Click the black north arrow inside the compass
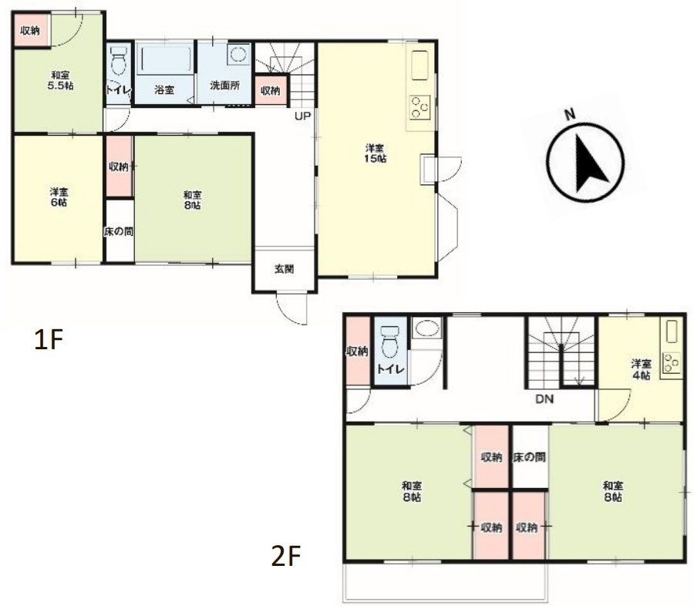(x=590, y=163)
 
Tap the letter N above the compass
(x=570, y=114)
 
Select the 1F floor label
(x=49, y=339)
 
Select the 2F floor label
(x=286, y=556)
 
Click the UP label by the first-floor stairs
(x=303, y=116)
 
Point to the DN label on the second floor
(x=544, y=399)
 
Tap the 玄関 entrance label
(x=284, y=269)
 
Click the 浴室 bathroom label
(x=163, y=90)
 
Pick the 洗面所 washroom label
(x=225, y=85)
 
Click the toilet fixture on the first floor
(x=118, y=61)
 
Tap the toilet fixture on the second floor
(x=389, y=342)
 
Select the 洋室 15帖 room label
(x=375, y=153)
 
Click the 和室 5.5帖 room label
(x=60, y=80)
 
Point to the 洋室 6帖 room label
(x=59, y=197)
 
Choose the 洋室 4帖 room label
(x=641, y=369)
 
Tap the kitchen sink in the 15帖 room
(x=420, y=66)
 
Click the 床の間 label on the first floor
(x=119, y=231)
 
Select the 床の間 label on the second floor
(x=529, y=457)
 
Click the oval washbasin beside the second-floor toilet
(x=426, y=328)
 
